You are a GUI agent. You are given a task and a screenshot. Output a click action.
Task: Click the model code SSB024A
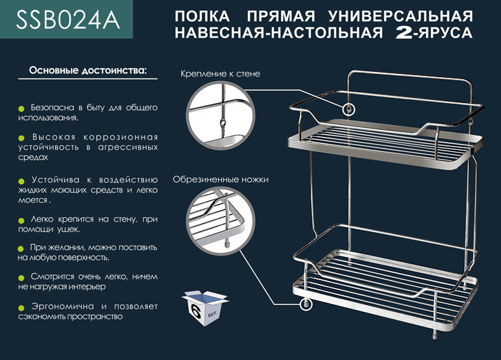[x=68, y=20]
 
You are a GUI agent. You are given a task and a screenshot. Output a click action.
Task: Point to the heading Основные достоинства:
[x=88, y=69]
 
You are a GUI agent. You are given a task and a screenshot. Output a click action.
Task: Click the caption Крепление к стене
[x=220, y=74]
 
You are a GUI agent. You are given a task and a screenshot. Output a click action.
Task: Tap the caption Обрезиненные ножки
[x=221, y=179]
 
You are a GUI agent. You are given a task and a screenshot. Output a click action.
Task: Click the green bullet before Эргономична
[x=21, y=307]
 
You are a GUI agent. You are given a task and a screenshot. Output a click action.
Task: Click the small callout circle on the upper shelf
[x=348, y=108]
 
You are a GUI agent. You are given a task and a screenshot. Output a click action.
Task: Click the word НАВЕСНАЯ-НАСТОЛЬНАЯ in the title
[x=278, y=32]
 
